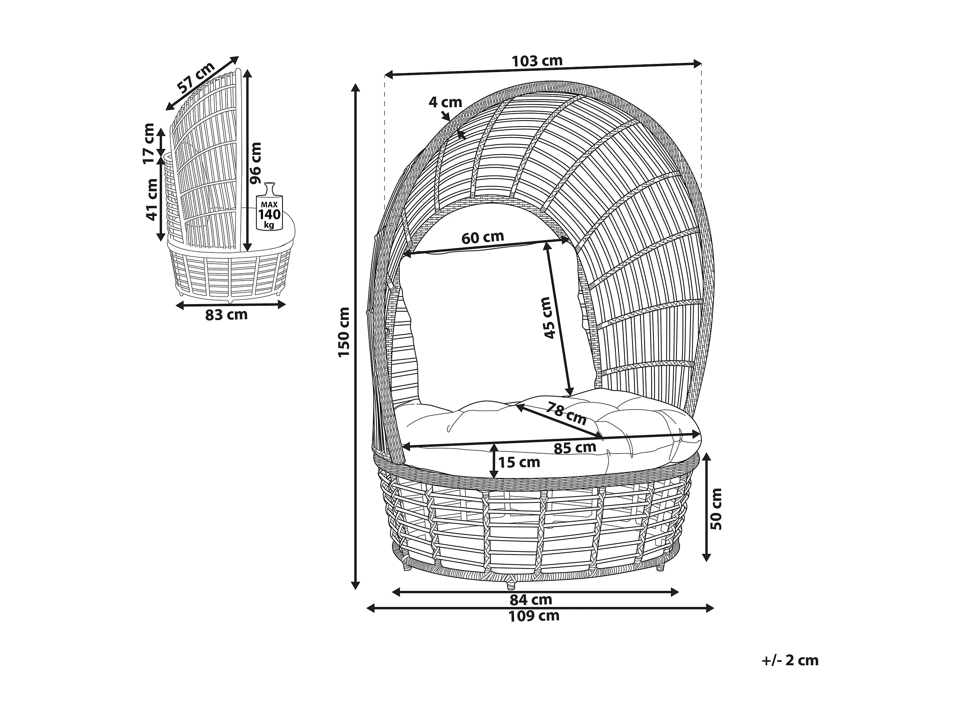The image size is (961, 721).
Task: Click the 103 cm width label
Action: point(537,61)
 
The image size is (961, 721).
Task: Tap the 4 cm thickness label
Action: point(445,103)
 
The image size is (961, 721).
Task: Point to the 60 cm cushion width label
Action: point(483,237)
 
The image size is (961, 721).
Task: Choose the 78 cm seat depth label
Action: point(566,413)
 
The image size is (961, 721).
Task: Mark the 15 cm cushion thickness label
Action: point(519,462)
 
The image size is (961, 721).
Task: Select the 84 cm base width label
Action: point(531,600)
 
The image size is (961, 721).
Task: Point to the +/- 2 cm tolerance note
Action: point(790,661)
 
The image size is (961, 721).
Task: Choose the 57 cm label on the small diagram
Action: point(196,78)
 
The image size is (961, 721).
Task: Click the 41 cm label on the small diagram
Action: point(151,199)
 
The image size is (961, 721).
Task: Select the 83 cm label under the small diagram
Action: point(226,314)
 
